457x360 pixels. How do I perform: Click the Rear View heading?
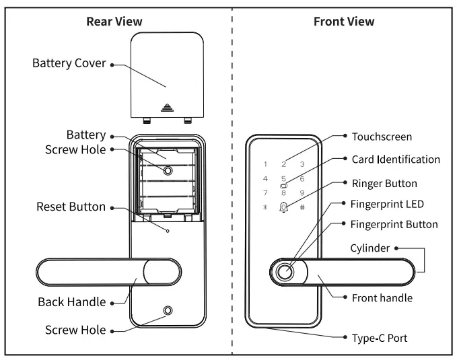click(114, 22)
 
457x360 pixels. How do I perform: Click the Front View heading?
click(344, 22)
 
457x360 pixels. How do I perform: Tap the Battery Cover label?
click(69, 64)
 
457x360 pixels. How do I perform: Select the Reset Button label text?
click(71, 207)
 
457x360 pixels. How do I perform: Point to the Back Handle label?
click(71, 302)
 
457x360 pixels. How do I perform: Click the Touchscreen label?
click(382, 137)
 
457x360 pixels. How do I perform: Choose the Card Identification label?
click(396, 159)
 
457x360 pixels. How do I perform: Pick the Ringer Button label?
click(384, 183)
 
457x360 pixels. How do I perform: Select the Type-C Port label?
click(380, 338)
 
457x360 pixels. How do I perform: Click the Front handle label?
click(382, 297)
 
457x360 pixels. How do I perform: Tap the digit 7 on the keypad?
click(265, 193)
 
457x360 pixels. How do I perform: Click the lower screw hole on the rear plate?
click(167, 312)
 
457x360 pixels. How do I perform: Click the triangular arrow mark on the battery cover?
click(166, 107)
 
